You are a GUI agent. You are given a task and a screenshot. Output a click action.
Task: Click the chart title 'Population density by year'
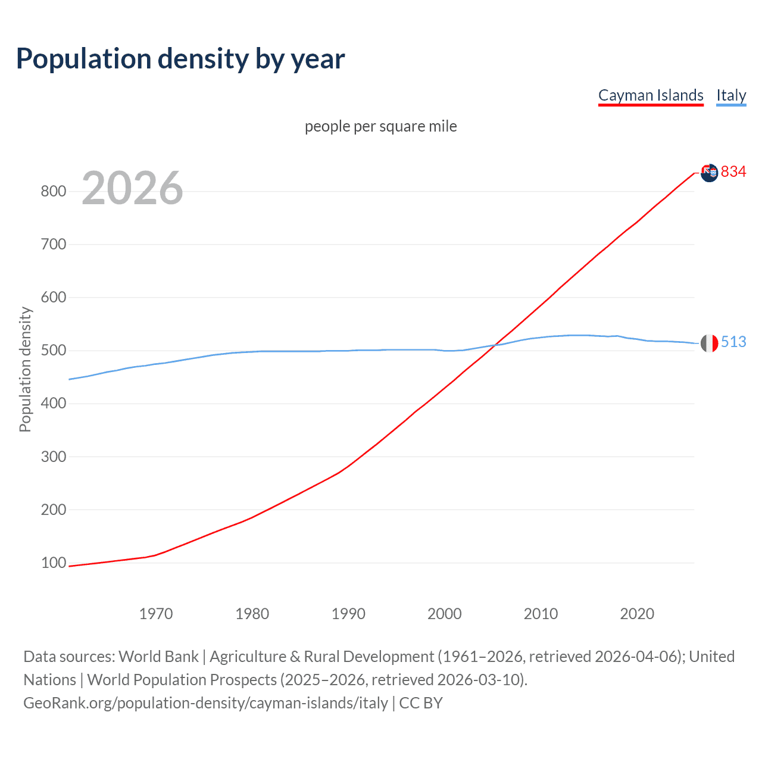click(x=180, y=59)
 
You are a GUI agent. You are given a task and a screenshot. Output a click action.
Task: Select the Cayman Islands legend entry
click(x=651, y=95)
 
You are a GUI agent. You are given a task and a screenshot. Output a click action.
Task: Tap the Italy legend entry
click(x=731, y=95)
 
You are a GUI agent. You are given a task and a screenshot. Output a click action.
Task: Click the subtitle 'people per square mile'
click(x=380, y=126)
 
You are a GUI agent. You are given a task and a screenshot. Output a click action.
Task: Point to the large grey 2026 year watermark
click(x=132, y=188)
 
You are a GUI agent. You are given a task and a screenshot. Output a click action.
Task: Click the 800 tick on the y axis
click(x=53, y=191)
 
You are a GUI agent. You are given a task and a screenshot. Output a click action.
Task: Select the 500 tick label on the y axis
click(x=53, y=351)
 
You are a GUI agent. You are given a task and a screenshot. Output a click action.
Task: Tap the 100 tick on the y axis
click(x=53, y=563)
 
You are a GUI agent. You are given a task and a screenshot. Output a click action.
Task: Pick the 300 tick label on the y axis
click(x=53, y=457)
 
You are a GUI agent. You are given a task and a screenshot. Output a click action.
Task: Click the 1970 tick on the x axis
click(x=156, y=614)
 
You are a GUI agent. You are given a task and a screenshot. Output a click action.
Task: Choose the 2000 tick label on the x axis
click(x=445, y=614)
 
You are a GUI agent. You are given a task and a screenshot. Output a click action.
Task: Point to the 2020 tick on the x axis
click(x=637, y=614)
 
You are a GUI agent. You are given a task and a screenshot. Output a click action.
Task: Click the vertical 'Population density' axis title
click(x=25, y=369)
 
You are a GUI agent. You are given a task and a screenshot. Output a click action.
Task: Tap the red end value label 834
click(x=733, y=172)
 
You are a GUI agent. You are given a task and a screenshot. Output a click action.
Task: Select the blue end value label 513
click(x=733, y=342)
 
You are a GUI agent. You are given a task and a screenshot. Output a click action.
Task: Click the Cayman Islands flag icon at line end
click(x=709, y=173)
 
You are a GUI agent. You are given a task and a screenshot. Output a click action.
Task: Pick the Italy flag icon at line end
click(x=709, y=343)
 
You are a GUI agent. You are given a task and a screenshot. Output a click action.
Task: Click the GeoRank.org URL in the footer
click(x=205, y=703)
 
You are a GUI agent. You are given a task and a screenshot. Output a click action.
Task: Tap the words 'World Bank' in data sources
click(x=158, y=657)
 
